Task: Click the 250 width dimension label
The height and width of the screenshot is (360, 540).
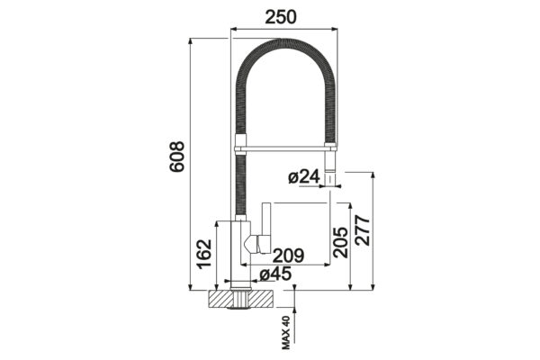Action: pos(280,16)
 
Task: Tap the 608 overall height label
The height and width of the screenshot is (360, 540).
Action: pos(177,156)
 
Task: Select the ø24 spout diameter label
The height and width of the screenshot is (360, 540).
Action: pos(304,176)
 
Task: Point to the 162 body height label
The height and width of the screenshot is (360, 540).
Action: pos(203,254)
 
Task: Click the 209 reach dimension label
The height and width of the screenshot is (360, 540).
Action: pos(289,256)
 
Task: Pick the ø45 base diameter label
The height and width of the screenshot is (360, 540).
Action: pos(275,274)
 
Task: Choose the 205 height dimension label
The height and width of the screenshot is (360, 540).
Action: pos(340,242)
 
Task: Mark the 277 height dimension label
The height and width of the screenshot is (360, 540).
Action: pos(362,230)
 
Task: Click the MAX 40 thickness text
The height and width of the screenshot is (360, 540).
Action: pos(286,333)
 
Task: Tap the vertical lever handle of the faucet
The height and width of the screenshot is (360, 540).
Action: pos(265,228)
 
